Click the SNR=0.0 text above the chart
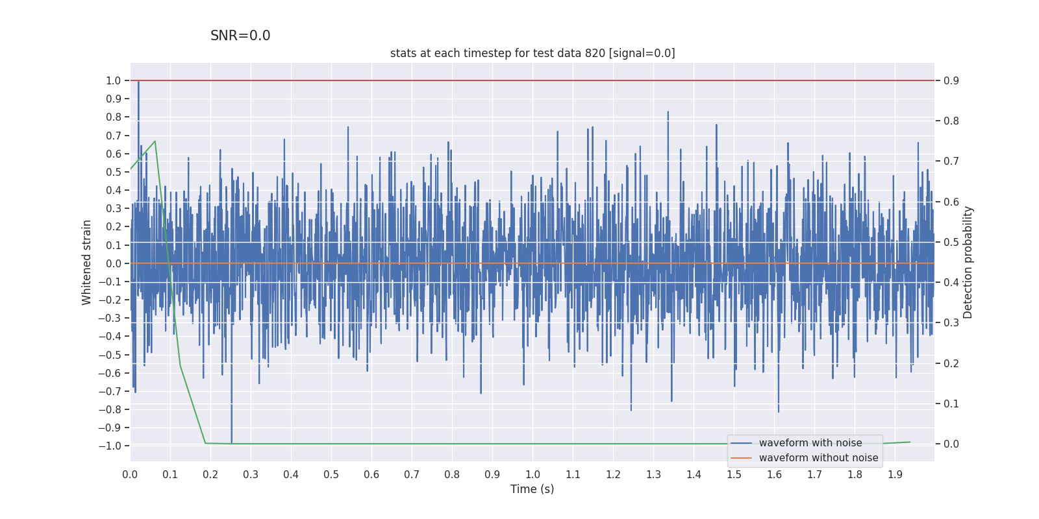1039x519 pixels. [240, 36]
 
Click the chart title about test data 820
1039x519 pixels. [532, 53]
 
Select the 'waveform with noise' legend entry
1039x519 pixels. [810, 443]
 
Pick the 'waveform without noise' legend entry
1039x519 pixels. [818, 458]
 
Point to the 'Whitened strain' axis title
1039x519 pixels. [87, 263]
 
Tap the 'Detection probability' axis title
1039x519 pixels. [968, 263]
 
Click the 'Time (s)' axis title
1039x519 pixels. [532, 489]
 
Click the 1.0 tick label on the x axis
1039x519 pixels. [532, 475]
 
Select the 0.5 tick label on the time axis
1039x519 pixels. [331, 475]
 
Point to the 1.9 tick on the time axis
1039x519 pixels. [895, 475]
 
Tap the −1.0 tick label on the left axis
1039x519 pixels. [110, 446]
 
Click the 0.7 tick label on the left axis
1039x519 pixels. [114, 136]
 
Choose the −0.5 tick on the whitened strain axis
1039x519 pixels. [110, 355]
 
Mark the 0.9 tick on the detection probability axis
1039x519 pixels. [951, 81]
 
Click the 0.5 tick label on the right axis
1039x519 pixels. [951, 243]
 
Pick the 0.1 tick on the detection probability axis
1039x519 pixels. [951, 404]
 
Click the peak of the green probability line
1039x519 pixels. [155, 141]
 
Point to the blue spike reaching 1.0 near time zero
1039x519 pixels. [138, 82]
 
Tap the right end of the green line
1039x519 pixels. [910, 442]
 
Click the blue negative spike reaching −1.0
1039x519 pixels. [231, 443]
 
